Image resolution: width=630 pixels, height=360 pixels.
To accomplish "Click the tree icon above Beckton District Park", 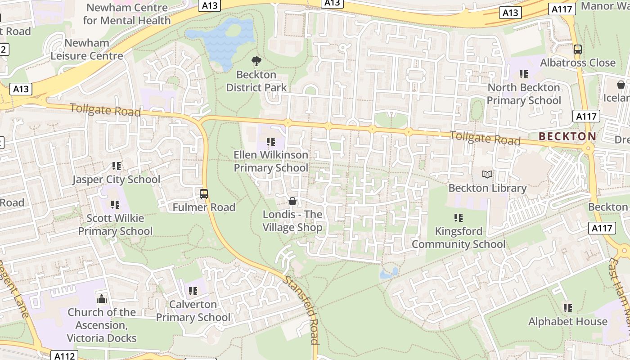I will point(256,61).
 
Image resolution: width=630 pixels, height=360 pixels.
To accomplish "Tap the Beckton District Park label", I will point(256,81).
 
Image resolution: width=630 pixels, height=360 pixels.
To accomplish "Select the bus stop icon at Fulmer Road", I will point(204,194).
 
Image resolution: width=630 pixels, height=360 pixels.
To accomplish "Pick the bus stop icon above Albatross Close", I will point(578,49).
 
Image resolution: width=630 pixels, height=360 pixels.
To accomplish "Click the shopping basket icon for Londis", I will point(292,201).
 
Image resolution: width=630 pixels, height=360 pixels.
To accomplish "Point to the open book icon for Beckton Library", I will point(487,174).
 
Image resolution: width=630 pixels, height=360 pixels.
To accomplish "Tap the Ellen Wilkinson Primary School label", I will point(271,161).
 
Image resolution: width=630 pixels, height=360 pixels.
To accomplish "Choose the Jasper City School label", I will point(116,180).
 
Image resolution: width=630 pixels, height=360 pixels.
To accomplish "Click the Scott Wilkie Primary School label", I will point(115,225).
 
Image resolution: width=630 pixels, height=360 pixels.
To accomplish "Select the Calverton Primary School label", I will point(193,311).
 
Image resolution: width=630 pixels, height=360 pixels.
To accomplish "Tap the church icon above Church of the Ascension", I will point(102,299).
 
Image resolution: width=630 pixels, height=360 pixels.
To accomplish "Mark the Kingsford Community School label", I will point(459,238).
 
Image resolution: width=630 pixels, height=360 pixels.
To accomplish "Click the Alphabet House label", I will point(568,322).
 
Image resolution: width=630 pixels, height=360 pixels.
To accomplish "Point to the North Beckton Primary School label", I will point(524,94).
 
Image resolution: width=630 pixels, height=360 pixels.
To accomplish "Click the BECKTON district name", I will point(567,136).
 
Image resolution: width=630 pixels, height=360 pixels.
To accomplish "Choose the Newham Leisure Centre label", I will point(87,49).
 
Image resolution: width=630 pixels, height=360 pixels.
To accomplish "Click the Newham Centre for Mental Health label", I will point(127,14).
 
